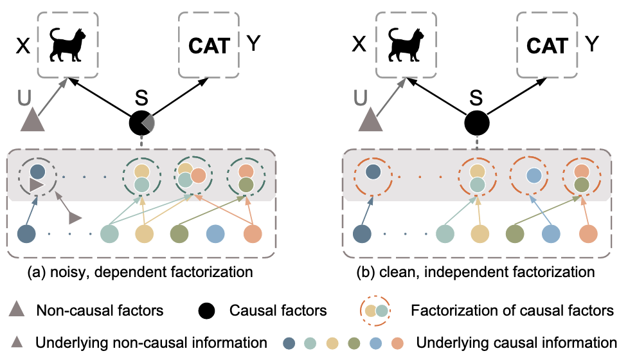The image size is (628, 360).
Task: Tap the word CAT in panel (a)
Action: (208, 46)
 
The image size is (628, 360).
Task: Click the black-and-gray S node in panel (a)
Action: (141, 122)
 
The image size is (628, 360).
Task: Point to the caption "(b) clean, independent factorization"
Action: (476, 272)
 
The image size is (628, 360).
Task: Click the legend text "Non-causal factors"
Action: (100, 311)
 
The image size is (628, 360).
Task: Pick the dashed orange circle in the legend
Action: (376, 311)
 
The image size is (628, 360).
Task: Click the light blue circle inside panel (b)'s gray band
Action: (532, 175)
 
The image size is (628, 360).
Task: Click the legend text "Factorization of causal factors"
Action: (511, 311)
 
